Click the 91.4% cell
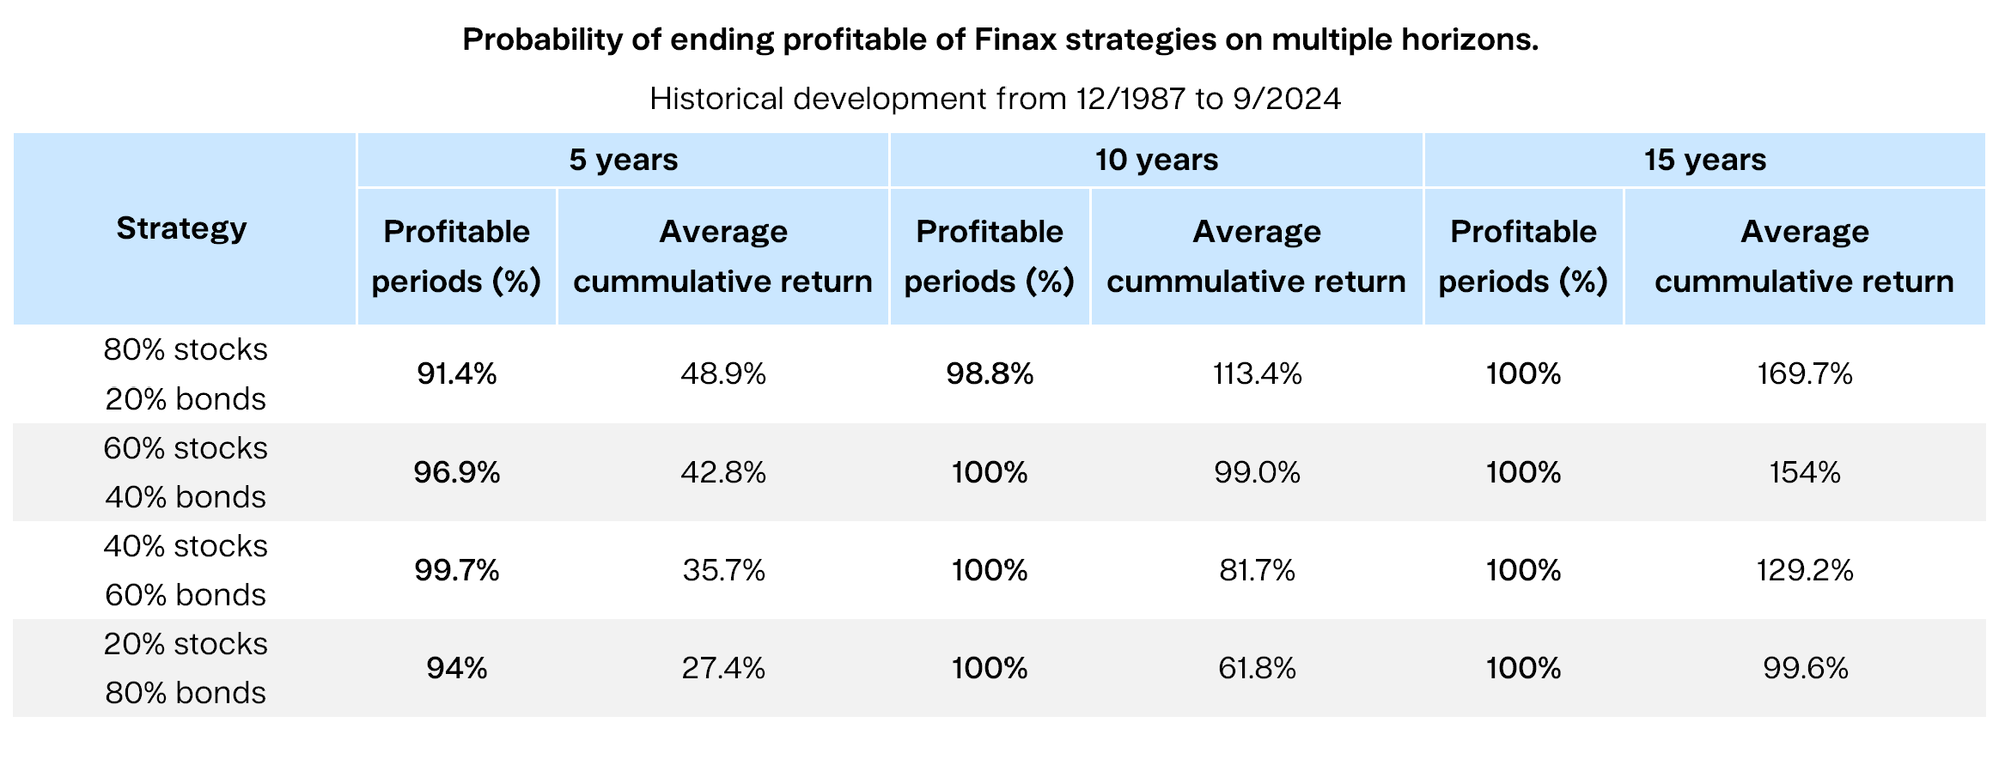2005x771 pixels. (x=456, y=373)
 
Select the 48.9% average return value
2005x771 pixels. (x=723, y=373)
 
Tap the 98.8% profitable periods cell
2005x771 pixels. (x=990, y=373)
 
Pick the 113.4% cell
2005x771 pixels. (x=1257, y=373)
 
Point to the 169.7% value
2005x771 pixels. (x=1804, y=373)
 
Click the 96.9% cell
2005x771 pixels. (x=456, y=472)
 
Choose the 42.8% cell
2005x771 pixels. (x=723, y=472)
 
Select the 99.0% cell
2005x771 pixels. (x=1257, y=472)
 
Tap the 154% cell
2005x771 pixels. (x=1804, y=472)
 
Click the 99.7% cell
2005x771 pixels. (x=456, y=570)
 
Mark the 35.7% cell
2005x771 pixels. (x=723, y=570)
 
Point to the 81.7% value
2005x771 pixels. (x=1257, y=570)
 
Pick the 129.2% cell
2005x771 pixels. (x=1804, y=570)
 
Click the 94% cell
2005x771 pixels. (x=456, y=668)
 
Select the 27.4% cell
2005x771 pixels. (x=723, y=668)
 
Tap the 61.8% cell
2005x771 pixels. (x=1257, y=668)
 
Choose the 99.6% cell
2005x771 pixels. (x=1804, y=668)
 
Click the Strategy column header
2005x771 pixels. (x=182, y=229)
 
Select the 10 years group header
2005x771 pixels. (x=1156, y=160)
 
